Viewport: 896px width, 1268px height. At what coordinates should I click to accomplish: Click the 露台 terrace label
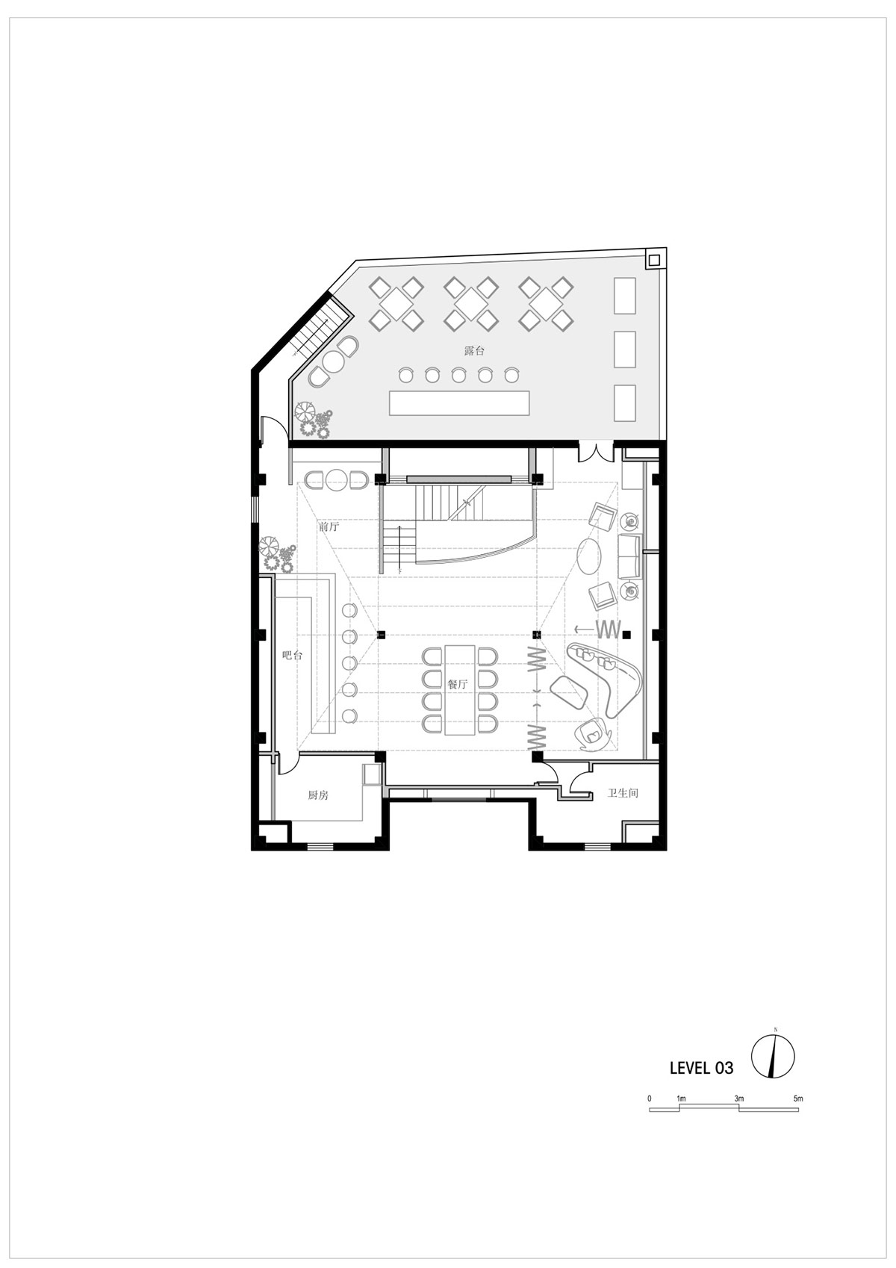coord(474,350)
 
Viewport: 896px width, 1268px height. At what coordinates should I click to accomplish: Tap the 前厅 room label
coord(329,526)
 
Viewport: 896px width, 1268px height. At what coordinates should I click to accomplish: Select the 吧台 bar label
coord(293,656)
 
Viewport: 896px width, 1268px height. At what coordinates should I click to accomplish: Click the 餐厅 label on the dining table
coord(458,684)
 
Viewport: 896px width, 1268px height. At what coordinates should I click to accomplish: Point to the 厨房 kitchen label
coord(318,795)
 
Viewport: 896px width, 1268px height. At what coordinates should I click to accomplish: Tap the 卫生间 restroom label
coord(623,793)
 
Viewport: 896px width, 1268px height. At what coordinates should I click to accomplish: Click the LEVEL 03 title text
coord(701,1068)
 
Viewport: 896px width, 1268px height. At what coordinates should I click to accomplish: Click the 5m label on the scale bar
coord(798,1098)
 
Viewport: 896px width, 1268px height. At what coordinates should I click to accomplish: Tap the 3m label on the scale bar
coord(738,1098)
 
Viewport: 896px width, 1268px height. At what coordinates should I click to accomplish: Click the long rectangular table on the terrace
coord(459,403)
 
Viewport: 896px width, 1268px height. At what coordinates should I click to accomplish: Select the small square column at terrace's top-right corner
coord(654,259)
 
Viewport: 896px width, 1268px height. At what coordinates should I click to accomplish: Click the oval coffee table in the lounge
coord(589,556)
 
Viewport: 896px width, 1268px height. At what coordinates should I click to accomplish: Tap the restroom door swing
coord(576,781)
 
